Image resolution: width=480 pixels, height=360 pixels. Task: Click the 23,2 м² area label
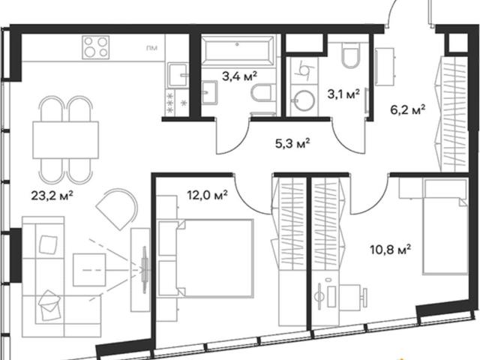coord(52,195)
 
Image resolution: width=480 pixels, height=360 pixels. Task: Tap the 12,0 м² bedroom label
coord(207,194)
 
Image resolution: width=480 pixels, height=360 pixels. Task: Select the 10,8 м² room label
coord(390,250)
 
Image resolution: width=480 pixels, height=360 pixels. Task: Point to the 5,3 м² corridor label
coord(293,143)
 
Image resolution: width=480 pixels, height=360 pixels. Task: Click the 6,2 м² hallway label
coord(408,109)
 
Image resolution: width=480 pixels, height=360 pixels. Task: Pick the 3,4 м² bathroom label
coord(239,76)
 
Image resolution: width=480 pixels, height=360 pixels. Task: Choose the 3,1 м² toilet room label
coord(343,94)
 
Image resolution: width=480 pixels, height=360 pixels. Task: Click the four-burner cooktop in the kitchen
coord(96,47)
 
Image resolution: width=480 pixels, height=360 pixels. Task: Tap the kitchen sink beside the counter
coord(178,76)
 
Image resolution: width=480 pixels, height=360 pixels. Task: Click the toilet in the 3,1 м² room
coord(350,55)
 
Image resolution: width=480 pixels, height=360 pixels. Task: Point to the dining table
coord(65,140)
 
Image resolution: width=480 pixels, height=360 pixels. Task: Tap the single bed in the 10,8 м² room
coord(445,226)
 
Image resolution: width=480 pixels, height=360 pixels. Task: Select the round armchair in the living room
coord(117,209)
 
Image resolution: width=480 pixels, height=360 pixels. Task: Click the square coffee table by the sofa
coord(89,270)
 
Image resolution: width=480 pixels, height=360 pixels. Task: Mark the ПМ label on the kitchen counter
coord(151,48)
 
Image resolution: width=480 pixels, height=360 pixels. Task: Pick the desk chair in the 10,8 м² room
coord(350,296)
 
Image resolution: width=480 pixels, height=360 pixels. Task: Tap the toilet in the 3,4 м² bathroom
coord(262,93)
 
